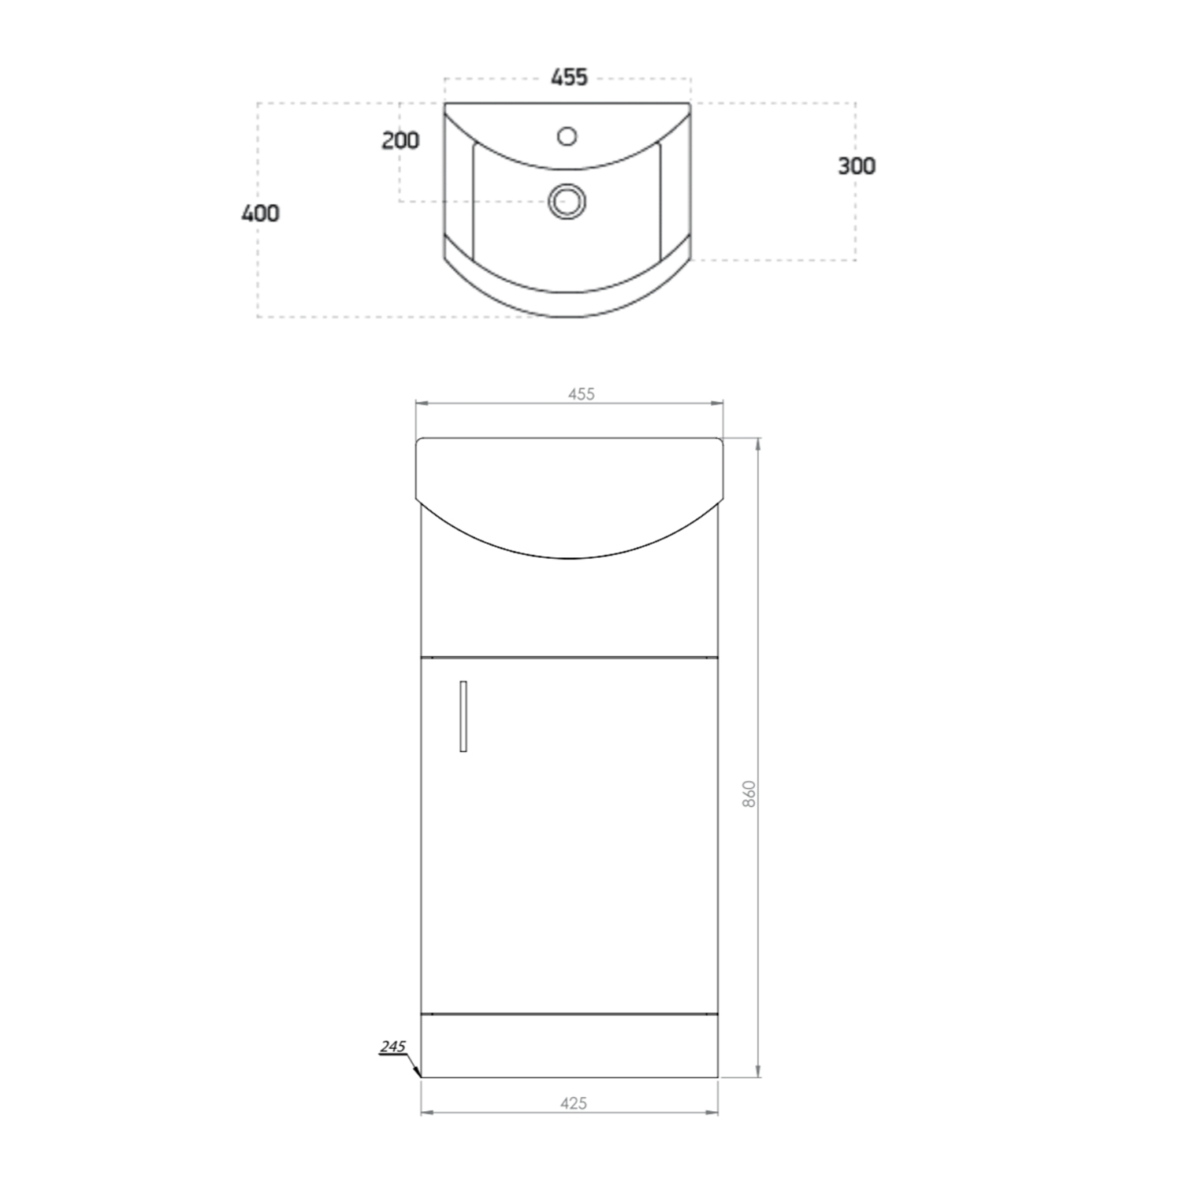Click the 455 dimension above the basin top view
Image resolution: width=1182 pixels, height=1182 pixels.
(569, 77)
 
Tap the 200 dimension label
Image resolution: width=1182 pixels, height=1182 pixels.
(400, 141)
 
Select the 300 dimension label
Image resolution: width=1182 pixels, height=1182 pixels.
(856, 166)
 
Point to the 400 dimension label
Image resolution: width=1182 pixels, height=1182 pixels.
(260, 214)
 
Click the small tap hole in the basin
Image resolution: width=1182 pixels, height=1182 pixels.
(567, 136)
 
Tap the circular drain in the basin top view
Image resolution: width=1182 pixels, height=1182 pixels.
(567, 201)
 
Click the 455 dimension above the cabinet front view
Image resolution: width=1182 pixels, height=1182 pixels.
(582, 394)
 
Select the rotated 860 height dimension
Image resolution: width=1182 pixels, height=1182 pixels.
(749, 793)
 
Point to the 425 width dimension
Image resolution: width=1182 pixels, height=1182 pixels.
(574, 1103)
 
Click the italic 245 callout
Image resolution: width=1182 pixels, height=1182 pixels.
(392, 1047)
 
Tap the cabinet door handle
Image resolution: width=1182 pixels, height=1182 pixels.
(463, 716)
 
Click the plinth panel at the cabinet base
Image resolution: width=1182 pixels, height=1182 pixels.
(570, 1046)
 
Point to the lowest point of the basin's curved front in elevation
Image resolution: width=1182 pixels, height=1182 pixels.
(570, 559)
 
